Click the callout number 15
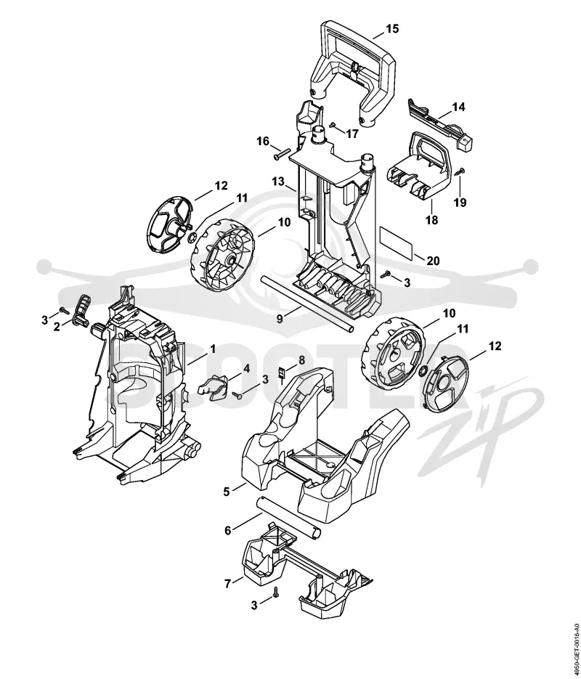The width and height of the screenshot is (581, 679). click(x=392, y=29)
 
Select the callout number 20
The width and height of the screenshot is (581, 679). click(x=433, y=261)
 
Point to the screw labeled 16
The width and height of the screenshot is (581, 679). click(x=281, y=154)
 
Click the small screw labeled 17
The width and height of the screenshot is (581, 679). click(x=333, y=125)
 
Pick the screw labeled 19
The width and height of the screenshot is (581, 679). click(x=460, y=171)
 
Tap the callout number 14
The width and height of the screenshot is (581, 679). click(x=458, y=107)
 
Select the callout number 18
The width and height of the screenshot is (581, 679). click(x=431, y=220)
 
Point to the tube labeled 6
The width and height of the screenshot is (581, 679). click(x=289, y=519)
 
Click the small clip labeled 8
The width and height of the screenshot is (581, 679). click(x=282, y=373)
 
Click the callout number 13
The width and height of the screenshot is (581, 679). click(x=278, y=181)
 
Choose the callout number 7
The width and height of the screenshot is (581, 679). click(x=228, y=583)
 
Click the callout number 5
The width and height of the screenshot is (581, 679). click(x=227, y=492)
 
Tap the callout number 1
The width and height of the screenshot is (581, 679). click(x=213, y=348)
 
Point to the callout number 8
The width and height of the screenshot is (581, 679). click(x=301, y=360)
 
